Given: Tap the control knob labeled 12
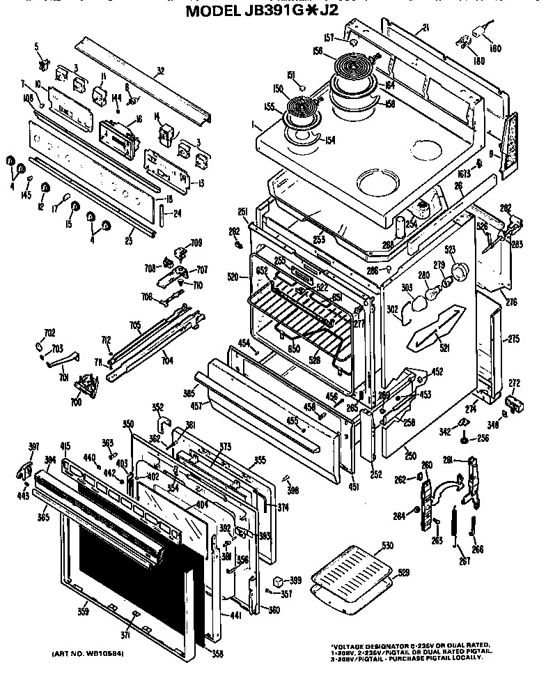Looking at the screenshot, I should tap(46, 189).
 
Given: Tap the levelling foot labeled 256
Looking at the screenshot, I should tap(464, 438).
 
